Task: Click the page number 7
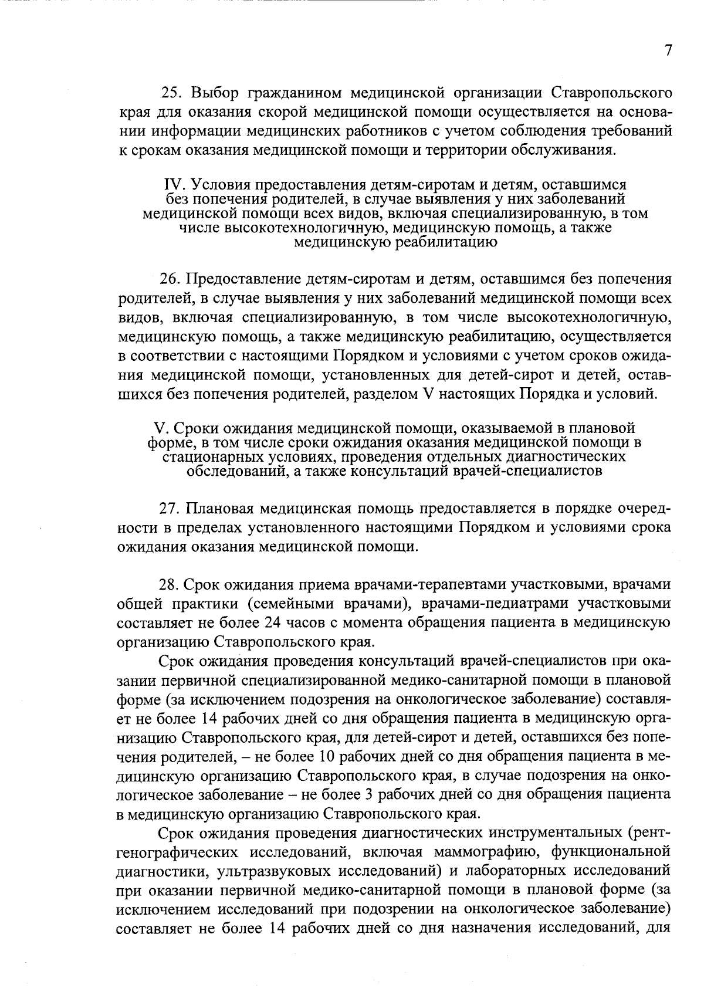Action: pos(667,51)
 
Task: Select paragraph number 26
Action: pos(170,279)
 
